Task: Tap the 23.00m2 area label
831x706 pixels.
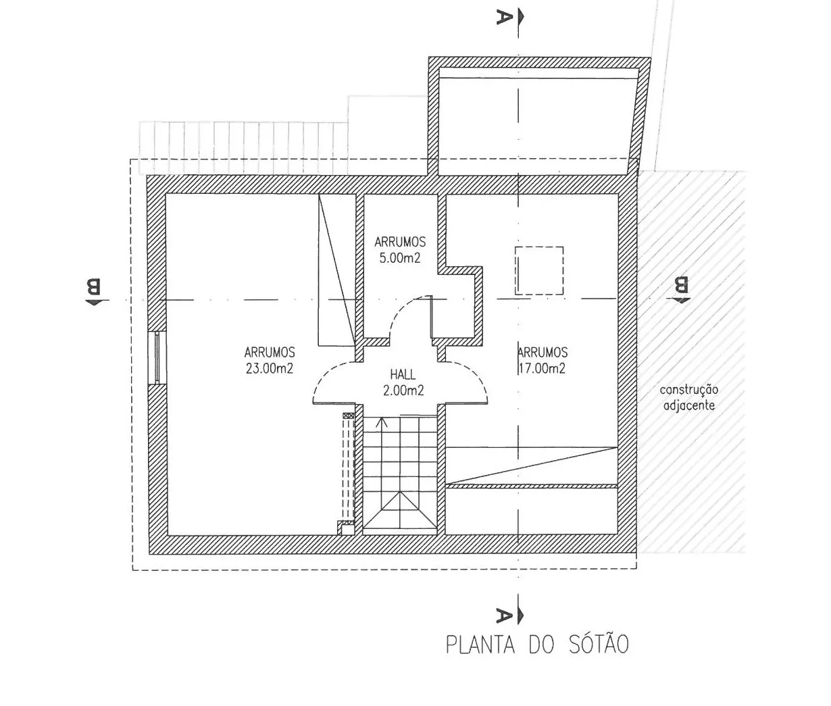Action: (270, 368)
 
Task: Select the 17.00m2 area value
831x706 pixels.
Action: (542, 368)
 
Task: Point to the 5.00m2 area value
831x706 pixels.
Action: (400, 257)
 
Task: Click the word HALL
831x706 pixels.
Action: (403, 375)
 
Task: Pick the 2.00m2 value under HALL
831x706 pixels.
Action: (403, 390)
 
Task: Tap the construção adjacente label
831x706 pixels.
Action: (688, 397)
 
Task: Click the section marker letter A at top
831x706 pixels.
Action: (505, 18)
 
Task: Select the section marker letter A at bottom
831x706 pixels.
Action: (505, 615)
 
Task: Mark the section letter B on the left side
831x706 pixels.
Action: (94, 286)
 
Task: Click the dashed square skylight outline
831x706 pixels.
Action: (539, 271)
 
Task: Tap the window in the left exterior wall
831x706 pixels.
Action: (157, 357)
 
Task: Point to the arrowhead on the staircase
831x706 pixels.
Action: (382, 422)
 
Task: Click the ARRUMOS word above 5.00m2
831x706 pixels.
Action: (400, 242)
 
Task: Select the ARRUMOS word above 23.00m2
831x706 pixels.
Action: (270, 353)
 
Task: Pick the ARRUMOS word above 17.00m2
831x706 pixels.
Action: (542, 353)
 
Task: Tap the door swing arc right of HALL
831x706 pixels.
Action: (477, 376)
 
